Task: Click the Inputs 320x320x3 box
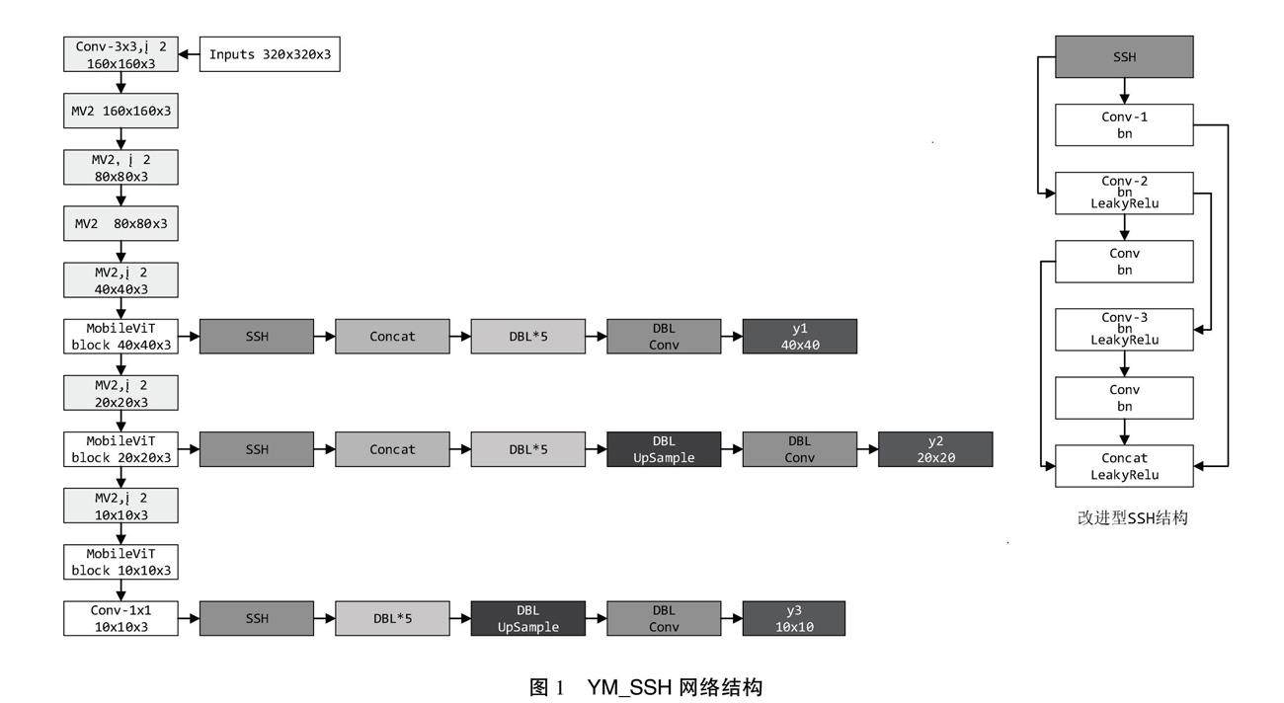[x=271, y=54]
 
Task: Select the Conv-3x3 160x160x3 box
[x=120, y=54]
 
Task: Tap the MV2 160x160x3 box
[x=120, y=112]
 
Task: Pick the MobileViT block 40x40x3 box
[x=120, y=337]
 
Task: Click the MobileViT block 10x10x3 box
[x=120, y=562]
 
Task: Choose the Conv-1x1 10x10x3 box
[x=120, y=618]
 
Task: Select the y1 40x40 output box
[x=799, y=337]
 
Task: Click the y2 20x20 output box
[x=934, y=449]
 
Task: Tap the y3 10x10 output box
[x=793, y=618]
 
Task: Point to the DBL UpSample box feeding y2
[x=664, y=449]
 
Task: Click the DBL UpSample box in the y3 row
[x=527, y=618]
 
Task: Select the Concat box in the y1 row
[x=392, y=337]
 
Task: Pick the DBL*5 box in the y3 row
[x=392, y=618]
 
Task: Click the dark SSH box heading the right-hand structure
[x=1124, y=57]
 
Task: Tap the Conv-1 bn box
[x=1124, y=124]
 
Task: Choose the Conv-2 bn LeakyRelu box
[x=1124, y=193]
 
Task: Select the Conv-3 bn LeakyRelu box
[x=1124, y=329]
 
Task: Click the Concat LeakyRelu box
[x=1124, y=466]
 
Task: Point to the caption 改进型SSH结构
[x=1132, y=517]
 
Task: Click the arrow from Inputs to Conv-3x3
[x=190, y=54]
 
